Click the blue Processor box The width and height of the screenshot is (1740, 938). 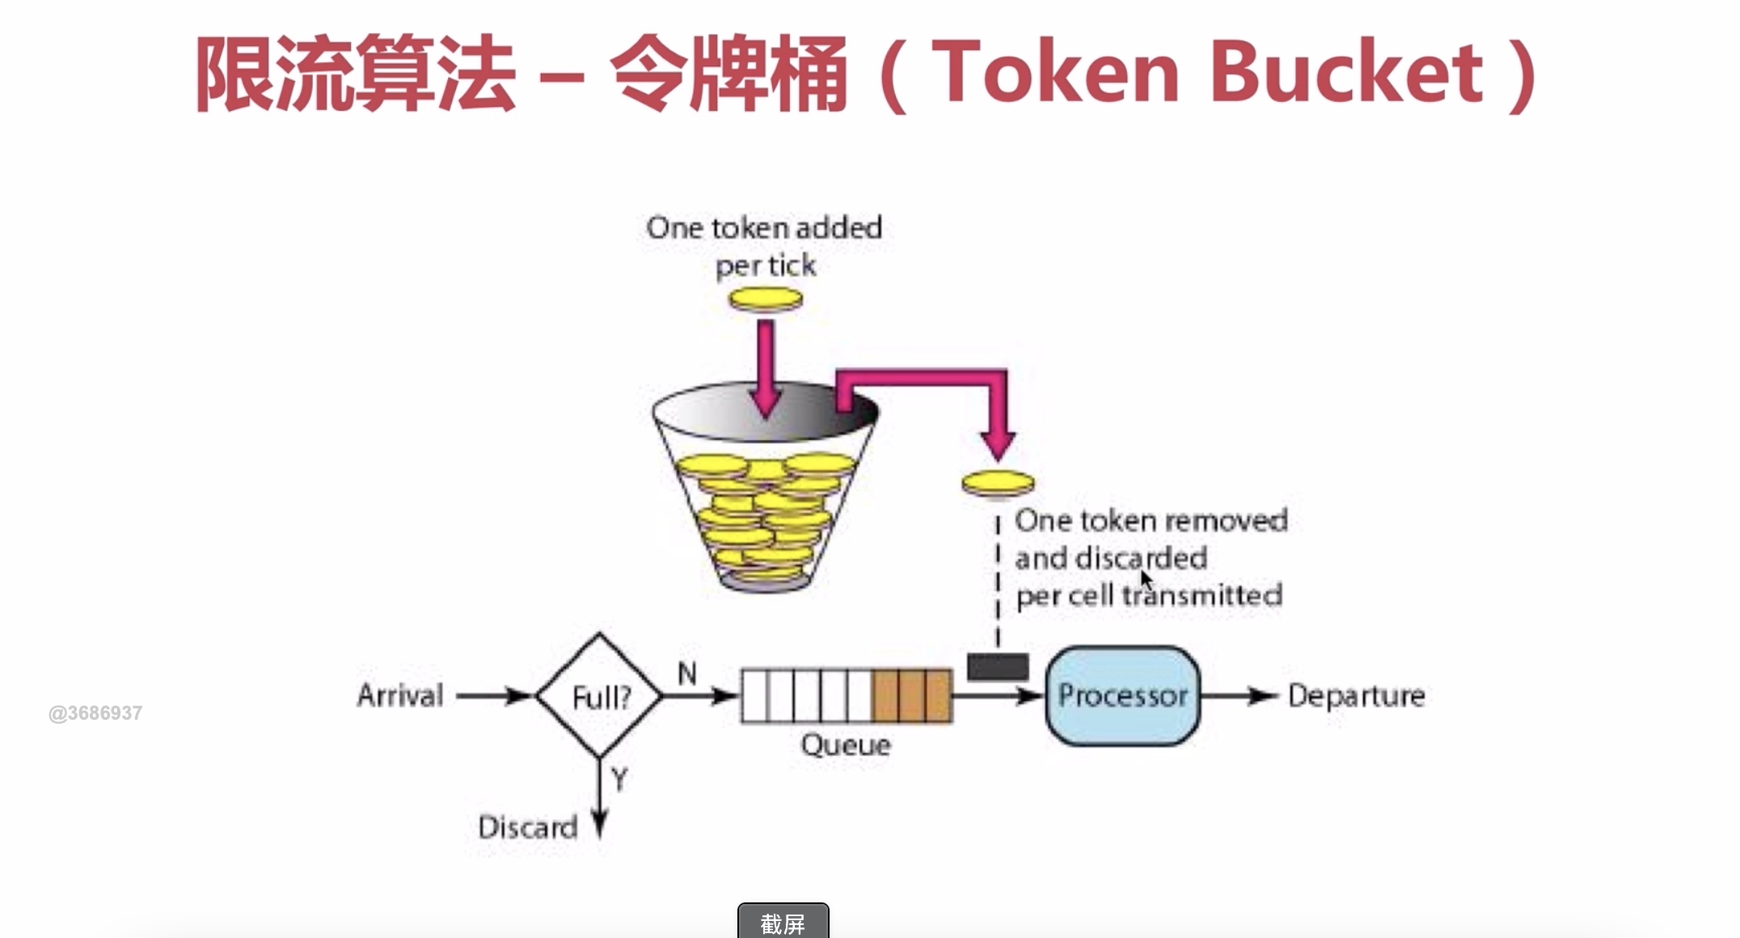point(1122,695)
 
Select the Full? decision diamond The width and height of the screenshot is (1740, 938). point(599,696)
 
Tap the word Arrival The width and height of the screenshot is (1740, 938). point(400,695)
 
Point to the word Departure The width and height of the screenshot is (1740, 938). point(1356,695)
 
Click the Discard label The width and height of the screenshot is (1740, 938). point(527,827)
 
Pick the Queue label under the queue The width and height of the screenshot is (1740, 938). point(846,745)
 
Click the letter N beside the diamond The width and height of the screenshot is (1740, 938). point(687,674)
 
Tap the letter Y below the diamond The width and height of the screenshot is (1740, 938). point(619,780)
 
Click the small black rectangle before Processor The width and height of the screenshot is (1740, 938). point(998,667)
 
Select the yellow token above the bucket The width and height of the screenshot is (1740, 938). point(765,300)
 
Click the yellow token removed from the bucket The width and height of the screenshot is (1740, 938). point(998,484)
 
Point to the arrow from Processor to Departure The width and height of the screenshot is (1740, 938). point(1238,695)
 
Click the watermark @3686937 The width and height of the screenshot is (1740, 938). point(95,713)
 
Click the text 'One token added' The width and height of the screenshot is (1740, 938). point(764,228)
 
